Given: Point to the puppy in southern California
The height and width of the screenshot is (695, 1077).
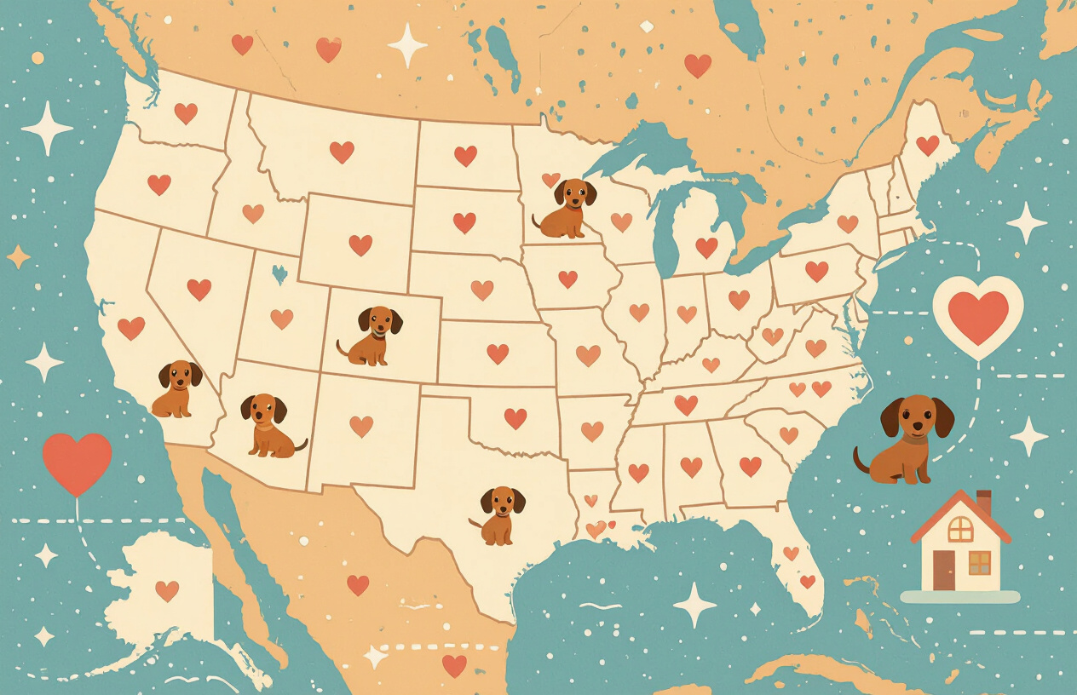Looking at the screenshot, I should click(177, 388).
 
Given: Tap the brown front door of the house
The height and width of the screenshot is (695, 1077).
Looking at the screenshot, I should click(944, 570).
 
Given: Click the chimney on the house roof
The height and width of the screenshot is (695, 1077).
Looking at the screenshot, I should click(983, 502).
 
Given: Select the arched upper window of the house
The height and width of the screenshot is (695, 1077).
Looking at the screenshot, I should click(960, 529).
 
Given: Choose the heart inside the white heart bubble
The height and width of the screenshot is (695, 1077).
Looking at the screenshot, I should click(977, 317).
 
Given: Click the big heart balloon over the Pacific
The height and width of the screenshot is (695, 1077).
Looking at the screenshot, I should click(77, 462).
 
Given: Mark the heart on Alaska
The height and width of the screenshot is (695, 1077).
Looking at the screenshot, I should click(167, 590).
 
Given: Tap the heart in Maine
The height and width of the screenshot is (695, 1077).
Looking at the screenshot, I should click(927, 146).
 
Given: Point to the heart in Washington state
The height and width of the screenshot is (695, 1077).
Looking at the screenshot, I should click(186, 113).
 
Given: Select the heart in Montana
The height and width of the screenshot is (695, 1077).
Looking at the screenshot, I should click(342, 152).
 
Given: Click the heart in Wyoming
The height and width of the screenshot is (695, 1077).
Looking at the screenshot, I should click(360, 244).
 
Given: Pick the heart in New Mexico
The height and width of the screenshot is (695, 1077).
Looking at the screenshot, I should click(361, 426).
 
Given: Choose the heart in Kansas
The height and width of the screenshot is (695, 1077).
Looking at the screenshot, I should click(498, 353).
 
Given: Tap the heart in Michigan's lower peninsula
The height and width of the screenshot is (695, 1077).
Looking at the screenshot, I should click(706, 247).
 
